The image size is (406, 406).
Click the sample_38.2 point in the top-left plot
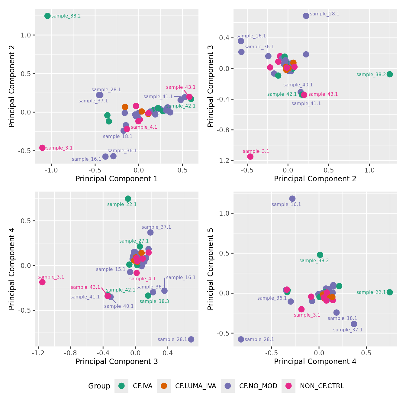point(47,16)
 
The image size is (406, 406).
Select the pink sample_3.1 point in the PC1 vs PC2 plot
point(42,148)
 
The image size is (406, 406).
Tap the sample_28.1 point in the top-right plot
point(306,16)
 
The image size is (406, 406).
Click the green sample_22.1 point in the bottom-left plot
point(128,198)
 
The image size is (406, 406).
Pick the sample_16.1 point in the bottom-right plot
point(292,198)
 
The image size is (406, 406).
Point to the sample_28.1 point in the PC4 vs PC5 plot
point(241,339)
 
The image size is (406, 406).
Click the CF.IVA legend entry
point(143,386)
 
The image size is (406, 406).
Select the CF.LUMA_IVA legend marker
point(164,386)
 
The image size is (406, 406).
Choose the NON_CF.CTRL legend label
point(322,386)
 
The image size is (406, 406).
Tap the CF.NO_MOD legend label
point(258,386)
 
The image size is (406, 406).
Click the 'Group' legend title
point(99,386)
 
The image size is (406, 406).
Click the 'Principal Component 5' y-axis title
point(211,269)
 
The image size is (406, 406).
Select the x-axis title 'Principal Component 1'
point(117,179)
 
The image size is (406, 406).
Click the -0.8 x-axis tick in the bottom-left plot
point(71,352)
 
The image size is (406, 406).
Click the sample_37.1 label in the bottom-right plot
point(348,330)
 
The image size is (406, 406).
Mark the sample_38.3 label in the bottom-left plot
point(154,301)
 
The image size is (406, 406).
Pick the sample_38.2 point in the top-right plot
point(390,74)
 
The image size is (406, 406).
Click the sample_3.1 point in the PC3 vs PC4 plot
point(42,282)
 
